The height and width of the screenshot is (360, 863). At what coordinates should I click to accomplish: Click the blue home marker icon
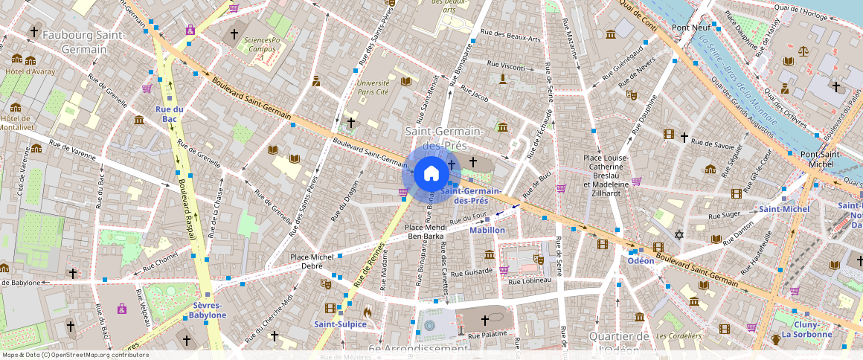431,174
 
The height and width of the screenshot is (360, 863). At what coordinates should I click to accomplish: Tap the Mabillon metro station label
487,230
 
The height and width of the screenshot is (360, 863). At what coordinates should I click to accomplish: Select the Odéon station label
641,260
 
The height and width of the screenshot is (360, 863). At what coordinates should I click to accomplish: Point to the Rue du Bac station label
170,114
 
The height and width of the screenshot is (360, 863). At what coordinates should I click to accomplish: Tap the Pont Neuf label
689,28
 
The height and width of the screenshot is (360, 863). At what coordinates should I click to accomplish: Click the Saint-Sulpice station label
340,324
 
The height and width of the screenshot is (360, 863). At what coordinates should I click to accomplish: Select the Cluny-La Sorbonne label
806,330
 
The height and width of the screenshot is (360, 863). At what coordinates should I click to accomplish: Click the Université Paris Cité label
373,88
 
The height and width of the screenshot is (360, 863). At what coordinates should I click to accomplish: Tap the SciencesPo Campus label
257,45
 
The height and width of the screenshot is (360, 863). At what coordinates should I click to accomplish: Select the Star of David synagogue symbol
678,236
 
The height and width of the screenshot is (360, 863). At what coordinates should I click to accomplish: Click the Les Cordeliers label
678,335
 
